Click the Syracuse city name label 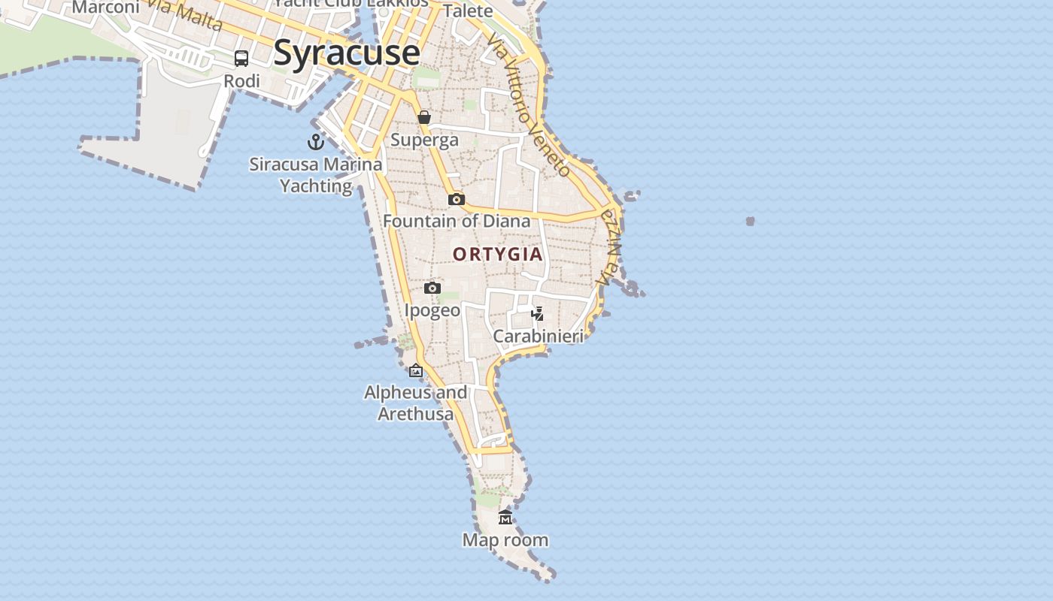pyautogui.click(x=346, y=53)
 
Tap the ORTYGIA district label pyautogui.click(x=498, y=254)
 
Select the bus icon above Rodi pyautogui.click(x=241, y=59)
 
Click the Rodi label pyautogui.click(x=242, y=80)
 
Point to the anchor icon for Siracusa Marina pyautogui.click(x=316, y=141)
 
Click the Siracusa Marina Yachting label pyautogui.click(x=316, y=174)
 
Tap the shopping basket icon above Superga pyautogui.click(x=424, y=117)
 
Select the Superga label pyautogui.click(x=424, y=140)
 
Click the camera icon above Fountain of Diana pyautogui.click(x=457, y=199)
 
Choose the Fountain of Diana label pyautogui.click(x=457, y=221)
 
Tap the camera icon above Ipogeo pyautogui.click(x=432, y=288)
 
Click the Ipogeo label pyautogui.click(x=432, y=310)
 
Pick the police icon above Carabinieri pyautogui.click(x=537, y=313)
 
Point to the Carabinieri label pyautogui.click(x=538, y=336)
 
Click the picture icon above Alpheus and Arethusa pyautogui.click(x=416, y=370)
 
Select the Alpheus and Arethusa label pyautogui.click(x=416, y=403)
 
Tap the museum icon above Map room pyautogui.click(x=505, y=517)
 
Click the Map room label pyautogui.click(x=505, y=539)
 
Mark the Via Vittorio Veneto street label pyautogui.click(x=529, y=104)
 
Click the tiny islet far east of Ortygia pyautogui.click(x=750, y=221)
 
